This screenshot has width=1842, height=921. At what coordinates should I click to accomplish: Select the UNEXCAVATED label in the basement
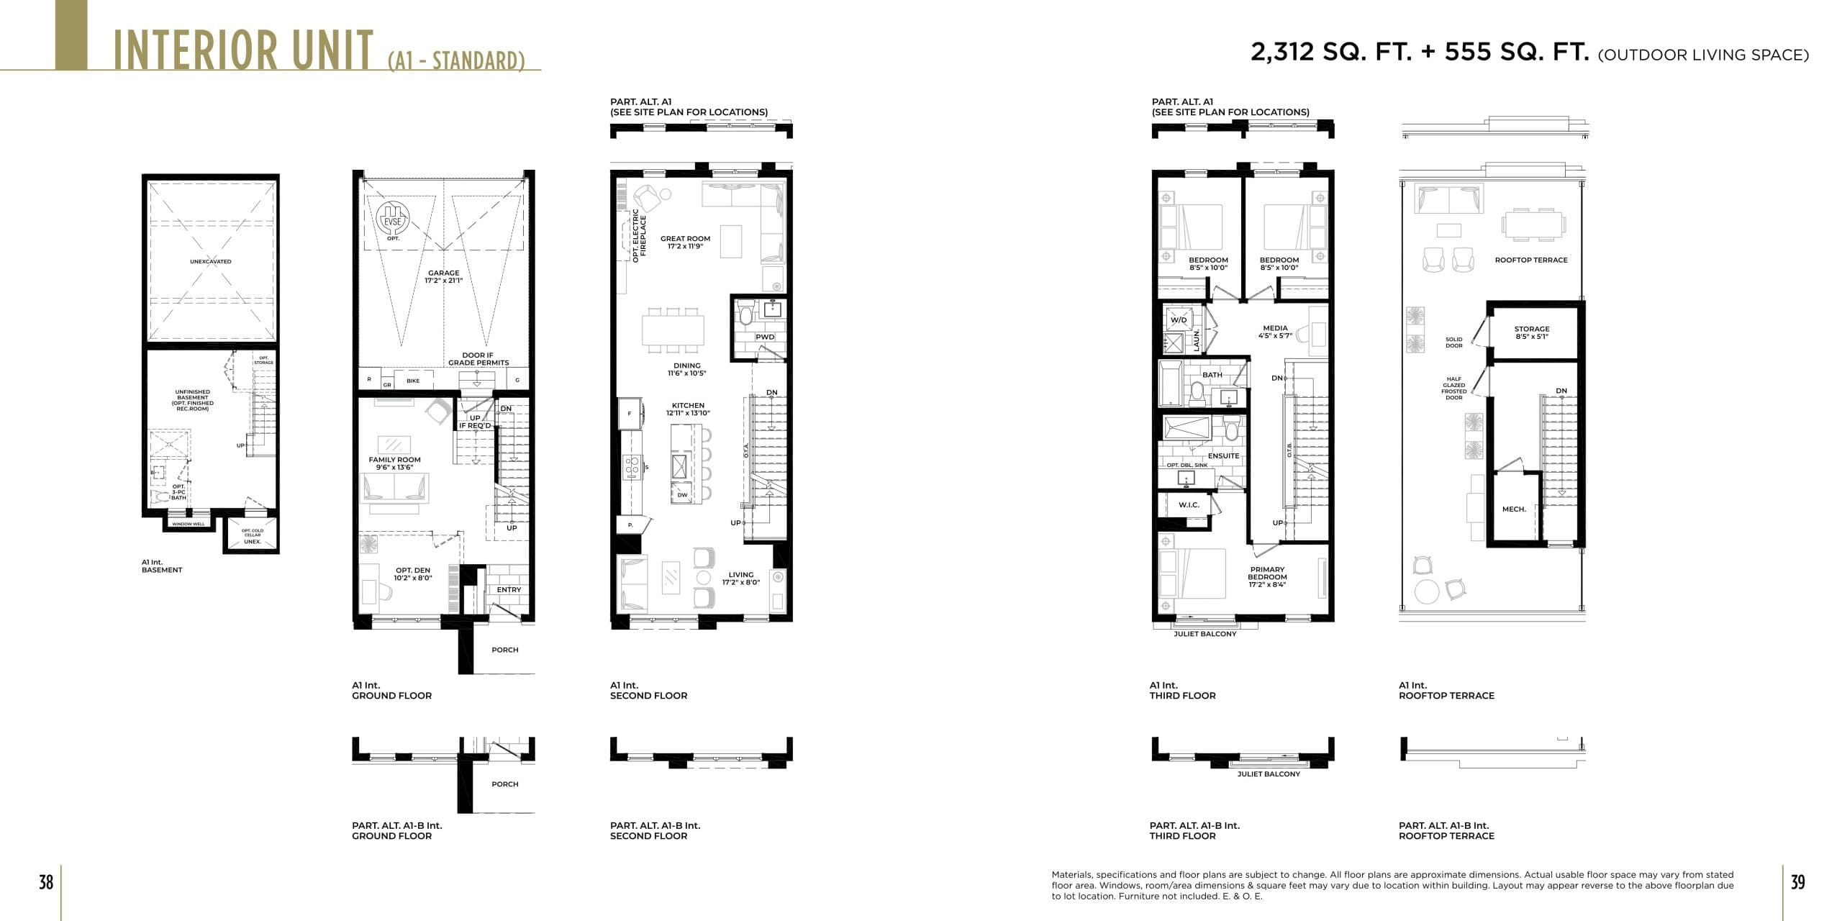(211, 261)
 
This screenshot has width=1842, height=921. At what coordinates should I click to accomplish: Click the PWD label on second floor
(765, 337)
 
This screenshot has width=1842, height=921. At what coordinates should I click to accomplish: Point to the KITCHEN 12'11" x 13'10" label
(688, 409)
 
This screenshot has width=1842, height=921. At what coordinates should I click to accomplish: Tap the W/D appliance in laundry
(1179, 320)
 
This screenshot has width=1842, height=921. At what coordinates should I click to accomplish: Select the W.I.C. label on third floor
(1189, 505)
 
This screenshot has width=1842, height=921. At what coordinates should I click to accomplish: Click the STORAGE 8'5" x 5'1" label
(1532, 332)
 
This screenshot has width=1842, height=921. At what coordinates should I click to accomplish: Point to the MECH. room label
(1514, 509)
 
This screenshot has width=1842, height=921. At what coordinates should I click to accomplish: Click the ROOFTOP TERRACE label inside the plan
(1531, 260)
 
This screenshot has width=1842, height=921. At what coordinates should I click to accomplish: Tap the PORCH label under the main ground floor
(504, 650)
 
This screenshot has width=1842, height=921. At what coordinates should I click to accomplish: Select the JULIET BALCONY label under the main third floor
(1205, 634)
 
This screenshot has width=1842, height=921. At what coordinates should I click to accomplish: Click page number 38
(46, 882)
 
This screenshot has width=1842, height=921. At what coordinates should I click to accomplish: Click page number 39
(1797, 882)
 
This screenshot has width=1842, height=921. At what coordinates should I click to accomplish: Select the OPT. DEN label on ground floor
(413, 574)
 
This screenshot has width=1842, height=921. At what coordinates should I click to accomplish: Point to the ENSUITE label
(1223, 455)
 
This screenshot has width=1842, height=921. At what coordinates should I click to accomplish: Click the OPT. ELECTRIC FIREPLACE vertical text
(640, 235)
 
